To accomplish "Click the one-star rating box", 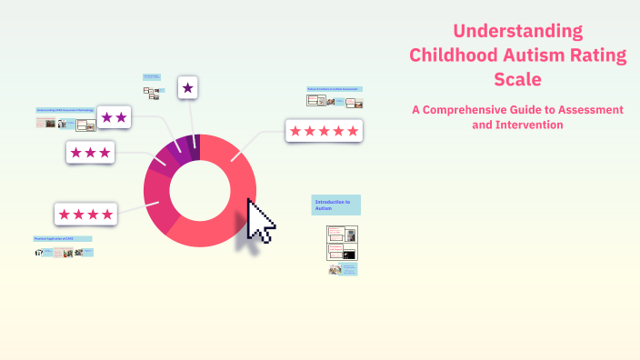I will coord(187,87).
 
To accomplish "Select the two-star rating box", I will coord(115,117).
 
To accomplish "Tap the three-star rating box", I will coord(90,152).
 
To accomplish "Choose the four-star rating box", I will coord(85,215).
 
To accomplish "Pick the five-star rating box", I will coord(323,131).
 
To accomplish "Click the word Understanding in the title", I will coord(518,31).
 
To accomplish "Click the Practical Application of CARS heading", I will coord(63,238).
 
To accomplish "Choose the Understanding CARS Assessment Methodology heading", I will coord(65,110).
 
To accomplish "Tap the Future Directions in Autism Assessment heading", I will coord(335,89).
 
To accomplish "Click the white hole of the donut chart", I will coord(199,190).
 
